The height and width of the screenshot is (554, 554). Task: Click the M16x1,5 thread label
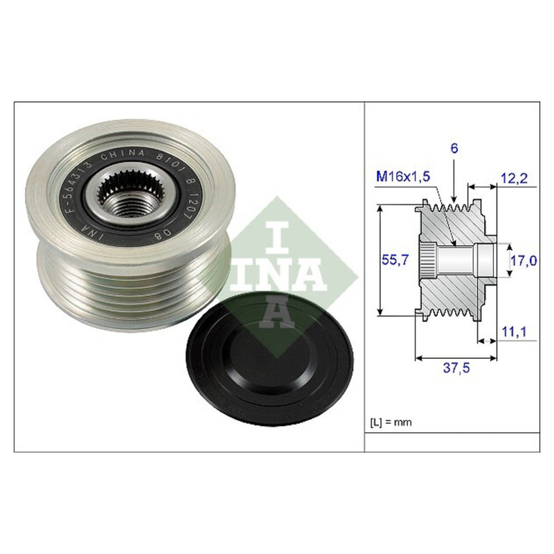pyautogui.click(x=403, y=177)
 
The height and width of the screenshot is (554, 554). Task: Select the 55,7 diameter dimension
pyautogui.click(x=395, y=260)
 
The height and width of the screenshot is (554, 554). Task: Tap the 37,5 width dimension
pyautogui.click(x=456, y=368)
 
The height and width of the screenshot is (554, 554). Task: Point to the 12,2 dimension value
pyautogui.click(x=514, y=178)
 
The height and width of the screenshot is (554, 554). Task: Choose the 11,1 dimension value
pyautogui.click(x=514, y=332)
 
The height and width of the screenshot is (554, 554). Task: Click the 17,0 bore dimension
pyautogui.click(x=524, y=261)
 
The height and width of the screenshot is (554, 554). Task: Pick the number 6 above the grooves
pyautogui.click(x=454, y=148)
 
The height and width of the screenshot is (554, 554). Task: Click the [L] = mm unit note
pyautogui.click(x=391, y=422)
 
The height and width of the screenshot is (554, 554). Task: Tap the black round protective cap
pyautogui.click(x=269, y=359)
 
